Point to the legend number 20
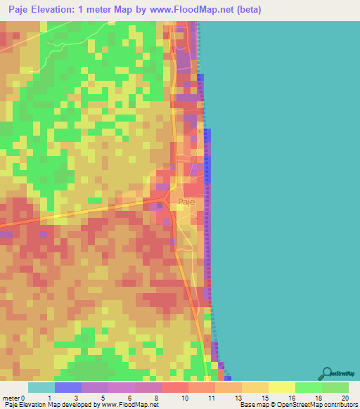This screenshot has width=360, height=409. (x=344, y=397)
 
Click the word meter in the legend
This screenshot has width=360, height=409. (x=12, y=397)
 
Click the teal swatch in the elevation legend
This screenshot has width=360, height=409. (x=41, y=387)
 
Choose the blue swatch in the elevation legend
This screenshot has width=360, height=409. (x=68, y=387)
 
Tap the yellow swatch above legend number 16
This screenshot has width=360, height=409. (x=282, y=387)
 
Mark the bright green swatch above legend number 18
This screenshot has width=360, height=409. (x=309, y=387)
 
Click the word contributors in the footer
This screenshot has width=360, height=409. (x=335, y=405)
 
